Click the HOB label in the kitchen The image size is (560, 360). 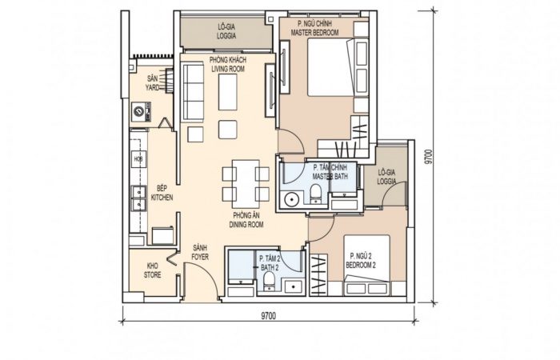pyautogui.click(x=138, y=159)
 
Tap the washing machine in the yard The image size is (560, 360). pyautogui.click(x=141, y=112)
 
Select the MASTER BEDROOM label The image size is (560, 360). pyautogui.click(x=314, y=33)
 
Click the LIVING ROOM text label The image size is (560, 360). pyautogui.click(x=228, y=69)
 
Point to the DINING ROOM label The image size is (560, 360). pyautogui.click(x=246, y=225)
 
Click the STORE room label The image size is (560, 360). pyautogui.click(x=153, y=275)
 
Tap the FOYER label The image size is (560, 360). pyautogui.click(x=200, y=257)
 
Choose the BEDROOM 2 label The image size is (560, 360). pyautogui.click(x=361, y=266)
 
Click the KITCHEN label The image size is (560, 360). pyautogui.click(x=162, y=198)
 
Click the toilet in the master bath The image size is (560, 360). pyautogui.click(x=316, y=194)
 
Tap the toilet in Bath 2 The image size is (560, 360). pyautogui.click(x=268, y=281)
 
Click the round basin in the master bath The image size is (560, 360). pyautogui.click(x=292, y=199)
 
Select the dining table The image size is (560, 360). pyautogui.click(x=246, y=184)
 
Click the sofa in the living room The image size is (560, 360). pyautogui.click(x=193, y=92)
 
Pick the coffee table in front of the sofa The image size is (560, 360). pyautogui.click(x=227, y=92)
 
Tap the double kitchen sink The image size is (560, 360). pyautogui.click(x=138, y=198)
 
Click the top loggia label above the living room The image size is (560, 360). pyautogui.click(x=226, y=31)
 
